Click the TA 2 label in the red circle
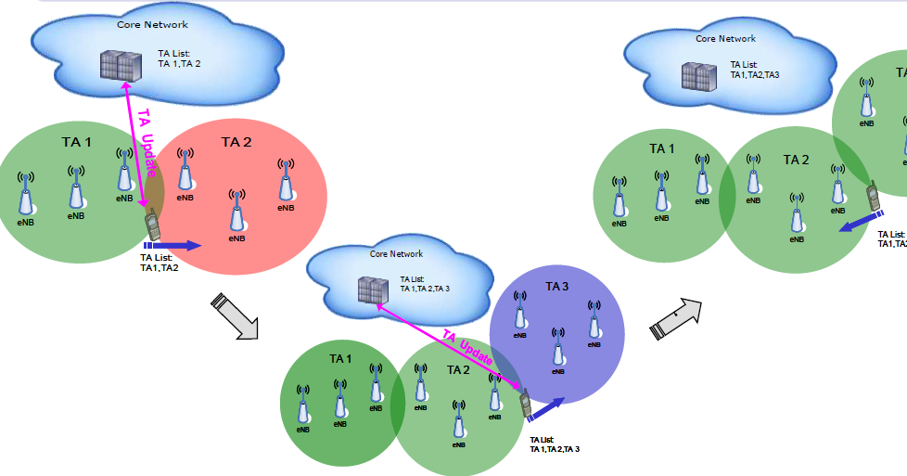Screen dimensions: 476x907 236,142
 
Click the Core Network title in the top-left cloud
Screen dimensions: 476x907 152,24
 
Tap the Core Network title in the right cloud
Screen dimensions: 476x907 725,39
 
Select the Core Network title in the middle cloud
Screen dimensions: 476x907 396,253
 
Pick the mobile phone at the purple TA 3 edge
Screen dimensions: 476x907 525,405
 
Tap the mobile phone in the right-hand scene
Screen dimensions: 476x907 874,197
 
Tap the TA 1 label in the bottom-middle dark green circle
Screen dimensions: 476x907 340,358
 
